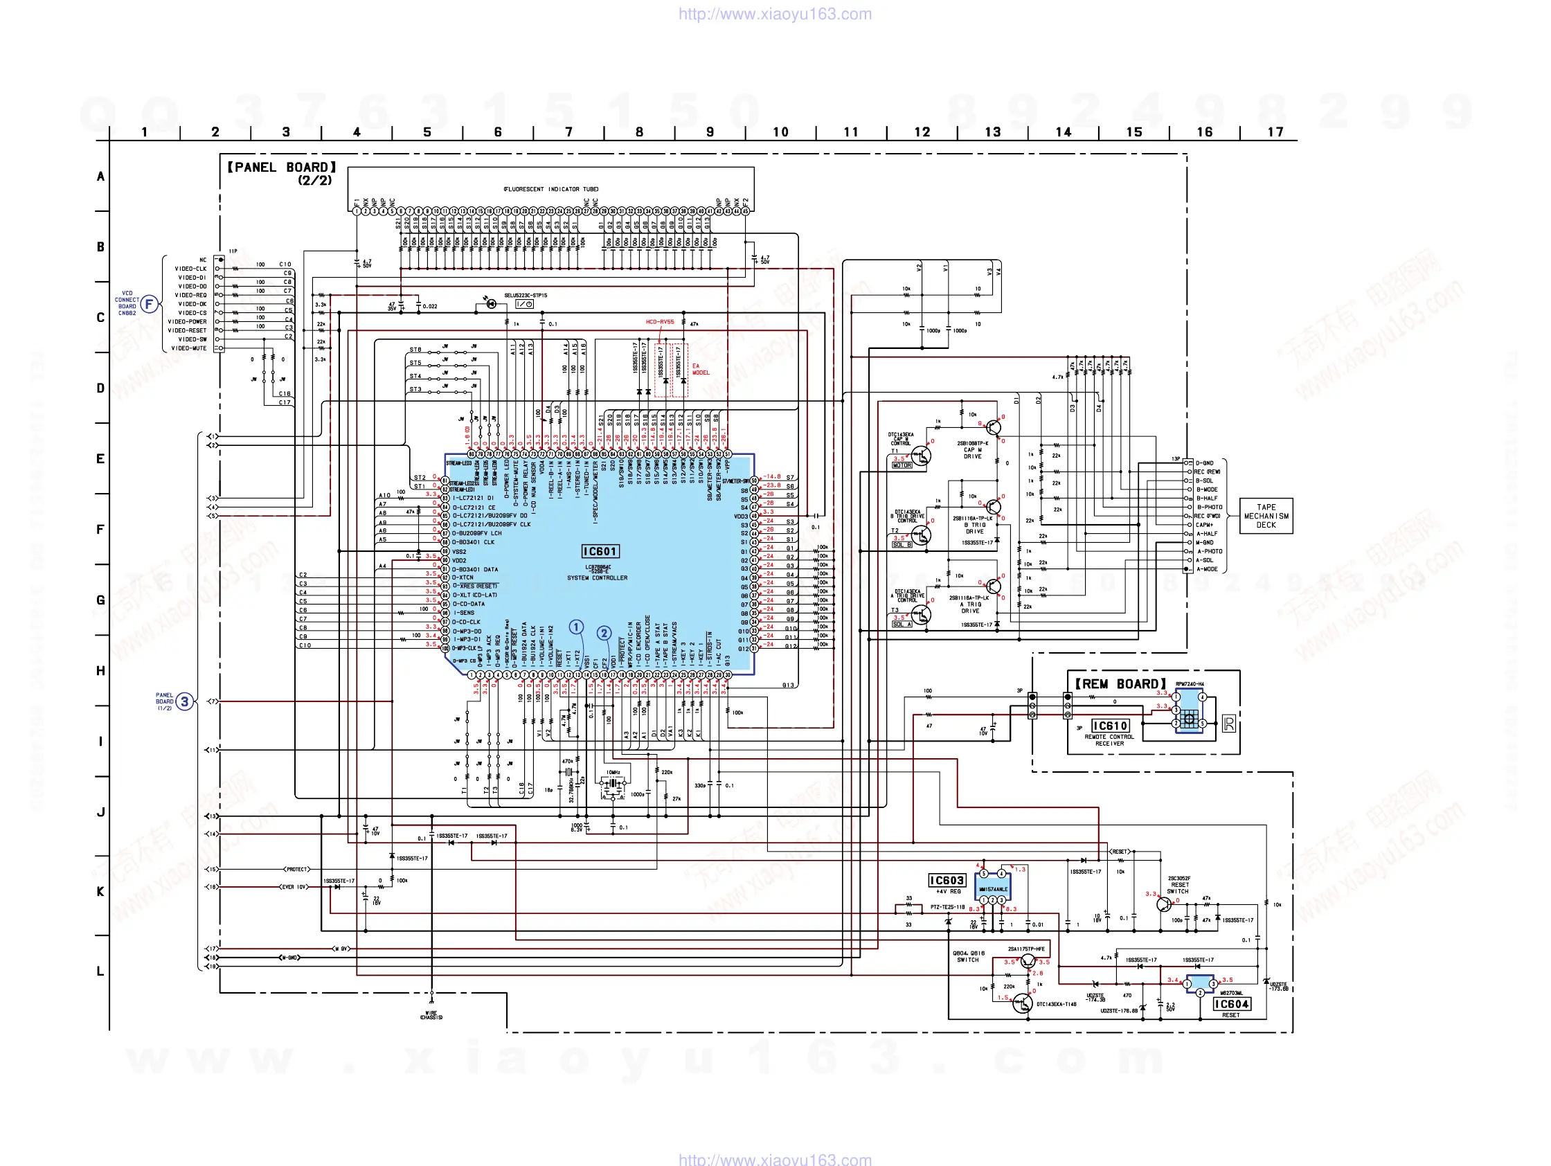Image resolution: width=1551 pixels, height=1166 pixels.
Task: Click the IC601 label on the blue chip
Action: [600, 552]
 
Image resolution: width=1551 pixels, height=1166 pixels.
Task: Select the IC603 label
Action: [947, 881]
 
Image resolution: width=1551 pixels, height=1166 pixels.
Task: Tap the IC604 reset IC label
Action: [1231, 1004]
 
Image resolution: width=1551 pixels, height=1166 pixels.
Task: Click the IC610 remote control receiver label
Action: [1110, 726]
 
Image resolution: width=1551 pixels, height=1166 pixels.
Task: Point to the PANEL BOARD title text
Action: [282, 168]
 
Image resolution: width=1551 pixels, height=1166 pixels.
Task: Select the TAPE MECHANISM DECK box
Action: [1266, 516]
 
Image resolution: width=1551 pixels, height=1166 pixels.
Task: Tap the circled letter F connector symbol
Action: [149, 304]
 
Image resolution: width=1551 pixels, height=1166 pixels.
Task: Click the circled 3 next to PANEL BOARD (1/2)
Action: [184, 701]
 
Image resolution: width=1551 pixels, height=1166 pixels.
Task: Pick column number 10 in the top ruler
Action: [780, 132]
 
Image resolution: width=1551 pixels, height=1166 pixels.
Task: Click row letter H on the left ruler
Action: [100, 671]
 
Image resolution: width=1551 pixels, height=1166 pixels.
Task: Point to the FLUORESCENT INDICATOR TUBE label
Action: [550, 189]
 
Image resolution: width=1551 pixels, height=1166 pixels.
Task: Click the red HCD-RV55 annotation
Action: [660, 323]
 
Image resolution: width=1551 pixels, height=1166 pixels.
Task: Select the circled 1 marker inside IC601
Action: [575, 627]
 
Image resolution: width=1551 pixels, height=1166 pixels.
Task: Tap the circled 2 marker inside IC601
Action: [604, 633]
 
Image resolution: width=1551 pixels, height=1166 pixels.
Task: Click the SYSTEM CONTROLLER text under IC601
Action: [598, 578]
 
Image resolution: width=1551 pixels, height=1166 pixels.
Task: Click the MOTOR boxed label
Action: [902, 465]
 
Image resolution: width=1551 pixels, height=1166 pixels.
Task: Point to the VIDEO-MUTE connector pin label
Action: [189, 348]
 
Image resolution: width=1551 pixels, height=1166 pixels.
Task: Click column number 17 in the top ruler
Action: [1275, 132]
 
